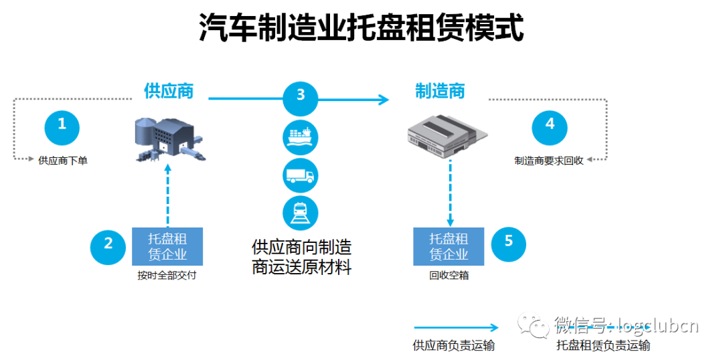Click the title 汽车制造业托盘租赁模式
(361, 28)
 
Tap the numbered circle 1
(62, 125)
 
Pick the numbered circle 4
(550, 125)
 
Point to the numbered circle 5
(509, 242)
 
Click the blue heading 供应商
(169, 92)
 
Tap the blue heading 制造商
(440, 92)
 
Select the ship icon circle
(301, 137)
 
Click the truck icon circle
(301, 175)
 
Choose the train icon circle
(301, 213)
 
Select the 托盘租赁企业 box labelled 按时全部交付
(167, 247)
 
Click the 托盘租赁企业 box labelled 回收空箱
(449, 247)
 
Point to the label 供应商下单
(63, 161)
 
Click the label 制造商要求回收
(549, 161)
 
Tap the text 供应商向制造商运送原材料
(302, 258)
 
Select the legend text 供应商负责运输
(454, 345)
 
